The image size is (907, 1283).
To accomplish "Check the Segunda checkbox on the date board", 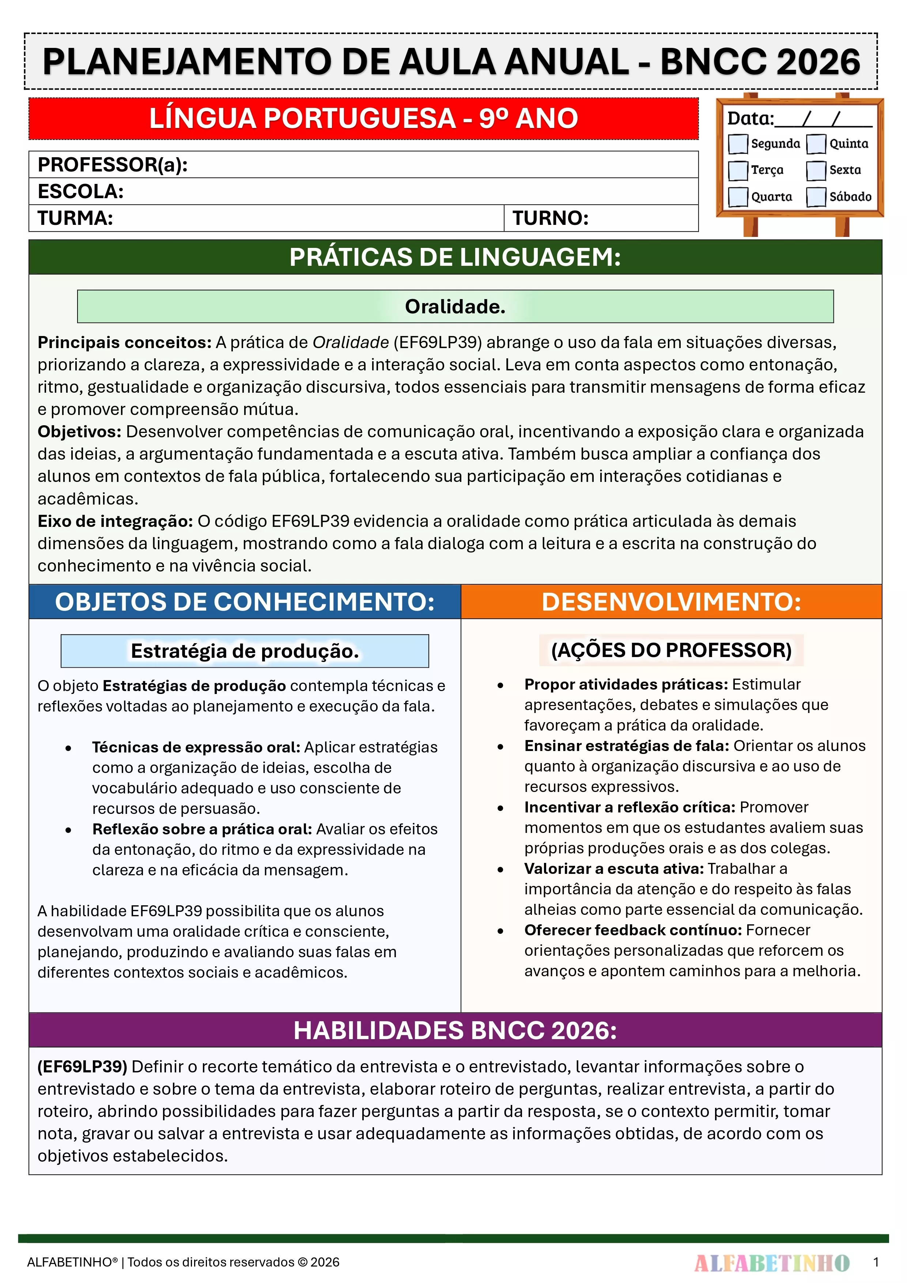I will click(738, 144).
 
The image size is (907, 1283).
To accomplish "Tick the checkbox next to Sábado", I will click(816, 197).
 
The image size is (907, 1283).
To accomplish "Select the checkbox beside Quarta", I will click(738, 197).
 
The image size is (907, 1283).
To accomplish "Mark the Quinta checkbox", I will click(816, 144).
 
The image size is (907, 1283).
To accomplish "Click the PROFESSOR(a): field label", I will click(112, 165).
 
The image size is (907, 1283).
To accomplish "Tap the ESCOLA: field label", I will click(80, 192).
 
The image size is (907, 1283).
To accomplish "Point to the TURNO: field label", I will click(551, 218).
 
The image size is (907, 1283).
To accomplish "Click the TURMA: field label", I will click(75, 218).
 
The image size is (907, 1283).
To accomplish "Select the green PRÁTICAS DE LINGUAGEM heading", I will click(455, 258).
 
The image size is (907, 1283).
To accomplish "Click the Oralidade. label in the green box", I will click(455, 307).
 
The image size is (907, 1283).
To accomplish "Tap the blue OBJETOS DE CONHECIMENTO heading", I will click(245, 602).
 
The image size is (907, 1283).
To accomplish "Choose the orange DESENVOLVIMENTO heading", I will click(671, 602).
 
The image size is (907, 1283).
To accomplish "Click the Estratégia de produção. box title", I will click(245, 651).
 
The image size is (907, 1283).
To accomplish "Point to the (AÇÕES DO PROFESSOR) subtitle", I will click(671, 650).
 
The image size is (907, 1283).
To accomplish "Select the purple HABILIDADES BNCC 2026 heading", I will click(455, 1030).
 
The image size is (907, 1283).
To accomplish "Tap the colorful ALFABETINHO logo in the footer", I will click(772, 1262).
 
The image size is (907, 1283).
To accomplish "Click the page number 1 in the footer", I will click(876, 1262).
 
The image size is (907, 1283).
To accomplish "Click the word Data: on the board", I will click(750, 118).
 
